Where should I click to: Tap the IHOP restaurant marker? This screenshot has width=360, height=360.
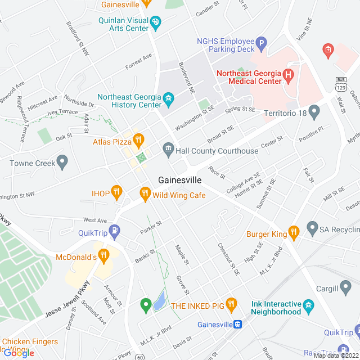[x=116, y=192]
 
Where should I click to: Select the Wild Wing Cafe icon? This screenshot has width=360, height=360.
[x=145, y=194]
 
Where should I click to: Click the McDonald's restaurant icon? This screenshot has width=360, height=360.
[x=103, y=256]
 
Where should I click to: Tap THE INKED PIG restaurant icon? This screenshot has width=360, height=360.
[x=231, y=304]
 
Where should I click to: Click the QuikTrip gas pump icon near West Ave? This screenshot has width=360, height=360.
[x=115, y=230]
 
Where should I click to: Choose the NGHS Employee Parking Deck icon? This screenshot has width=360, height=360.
[x=260, y=43]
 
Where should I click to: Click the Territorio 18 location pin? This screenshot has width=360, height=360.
[x=314, y=112]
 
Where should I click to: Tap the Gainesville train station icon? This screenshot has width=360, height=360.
[x=238, y=325]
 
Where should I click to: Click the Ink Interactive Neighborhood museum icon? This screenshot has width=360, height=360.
[x=308, y=305]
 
